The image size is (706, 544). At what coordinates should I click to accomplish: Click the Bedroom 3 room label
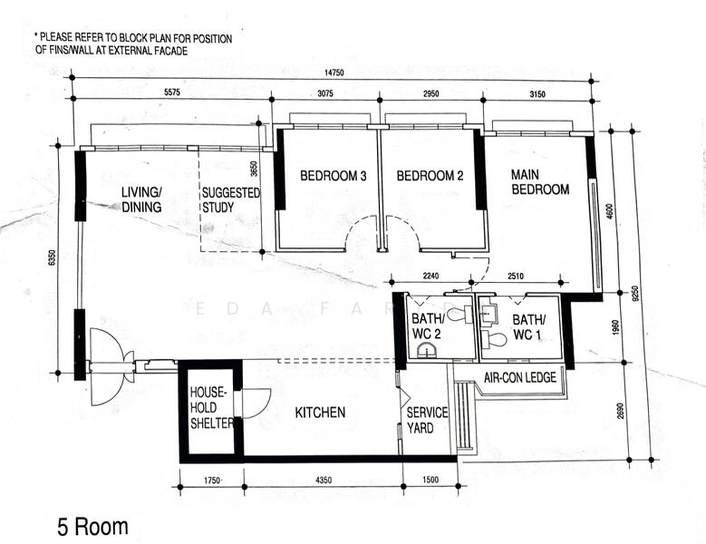tap(334, 176)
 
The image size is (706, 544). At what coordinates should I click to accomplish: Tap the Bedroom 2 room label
tap(430, 176)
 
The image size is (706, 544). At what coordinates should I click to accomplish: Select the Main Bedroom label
tap(540, 182)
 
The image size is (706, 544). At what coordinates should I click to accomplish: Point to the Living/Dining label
tap(141, 199)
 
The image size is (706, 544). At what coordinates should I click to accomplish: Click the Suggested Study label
tap(231, 200)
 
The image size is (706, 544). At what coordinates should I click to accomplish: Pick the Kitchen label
tap(320, 413)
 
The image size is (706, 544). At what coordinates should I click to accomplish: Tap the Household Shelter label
tap(212, 408)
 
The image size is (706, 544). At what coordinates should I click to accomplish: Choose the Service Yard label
tap(427, 420)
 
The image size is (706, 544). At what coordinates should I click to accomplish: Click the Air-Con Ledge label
tap(520, 377)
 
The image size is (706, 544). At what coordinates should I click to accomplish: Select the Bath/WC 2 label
tap(426, 326)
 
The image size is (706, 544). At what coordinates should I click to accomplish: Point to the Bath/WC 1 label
tap(528, 327)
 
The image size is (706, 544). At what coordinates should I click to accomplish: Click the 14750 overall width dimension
tap(334, 73)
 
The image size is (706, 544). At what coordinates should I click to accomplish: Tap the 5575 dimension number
tap(172, 92)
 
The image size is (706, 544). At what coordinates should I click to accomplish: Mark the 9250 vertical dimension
tap(635, 293)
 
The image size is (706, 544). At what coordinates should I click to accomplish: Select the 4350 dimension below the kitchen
tap(324, 480)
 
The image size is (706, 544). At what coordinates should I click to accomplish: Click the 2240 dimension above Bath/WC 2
tap(430, 276)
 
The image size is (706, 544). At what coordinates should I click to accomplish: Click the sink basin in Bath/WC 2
tap(426, 350)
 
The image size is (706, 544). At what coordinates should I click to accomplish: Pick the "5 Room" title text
tap(92, 527)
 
